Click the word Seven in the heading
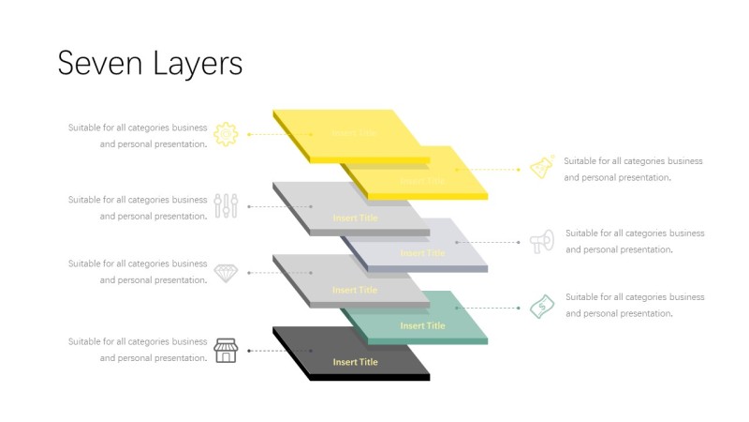coord(93,63)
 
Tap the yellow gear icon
coord(226,134)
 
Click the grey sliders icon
coord(226,206)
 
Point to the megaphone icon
coord(541,241)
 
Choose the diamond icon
coord(226,272)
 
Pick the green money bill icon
coord(541,306)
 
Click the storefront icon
coord(226,351)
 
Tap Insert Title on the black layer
coord(356,362)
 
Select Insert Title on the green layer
coord(423,326)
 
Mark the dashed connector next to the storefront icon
coord(268,351)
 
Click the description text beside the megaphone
coord(635,241)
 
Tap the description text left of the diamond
coord(138,272)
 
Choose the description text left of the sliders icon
coord(138,207)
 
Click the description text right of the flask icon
coord(633,169)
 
